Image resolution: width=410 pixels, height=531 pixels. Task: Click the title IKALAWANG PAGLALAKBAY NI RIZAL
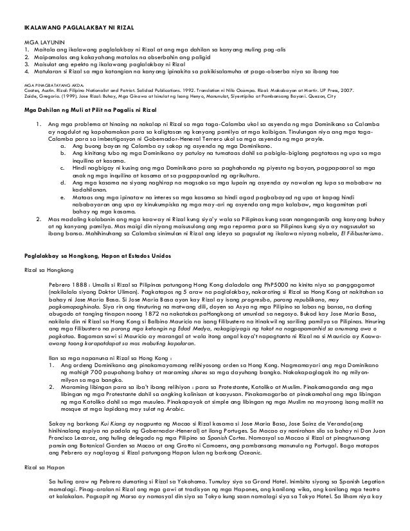pyautogui.click(x=78, y=26)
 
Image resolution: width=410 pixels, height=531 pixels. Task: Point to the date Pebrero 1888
pyautogui.click(x=70, y=285)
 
